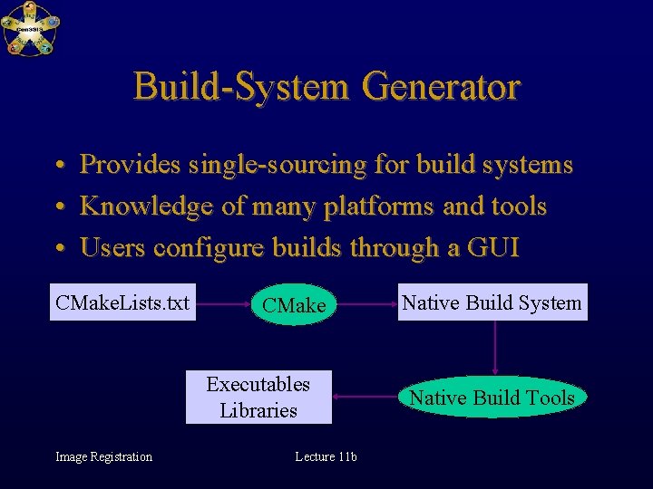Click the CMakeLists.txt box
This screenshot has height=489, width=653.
pos(122,302)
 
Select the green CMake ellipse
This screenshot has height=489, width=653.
pos(293,305)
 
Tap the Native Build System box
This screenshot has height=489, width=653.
pos(492,302)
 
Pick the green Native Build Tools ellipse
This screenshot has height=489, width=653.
pos(492,398)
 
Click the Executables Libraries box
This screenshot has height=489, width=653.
pos(258,397)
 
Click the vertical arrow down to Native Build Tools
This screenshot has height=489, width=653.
pos(494,348)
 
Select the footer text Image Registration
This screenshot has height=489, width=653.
pos(103,456)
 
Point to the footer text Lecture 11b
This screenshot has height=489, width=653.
pos(326,456)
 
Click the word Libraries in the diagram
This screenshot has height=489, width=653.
pos(258,410)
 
